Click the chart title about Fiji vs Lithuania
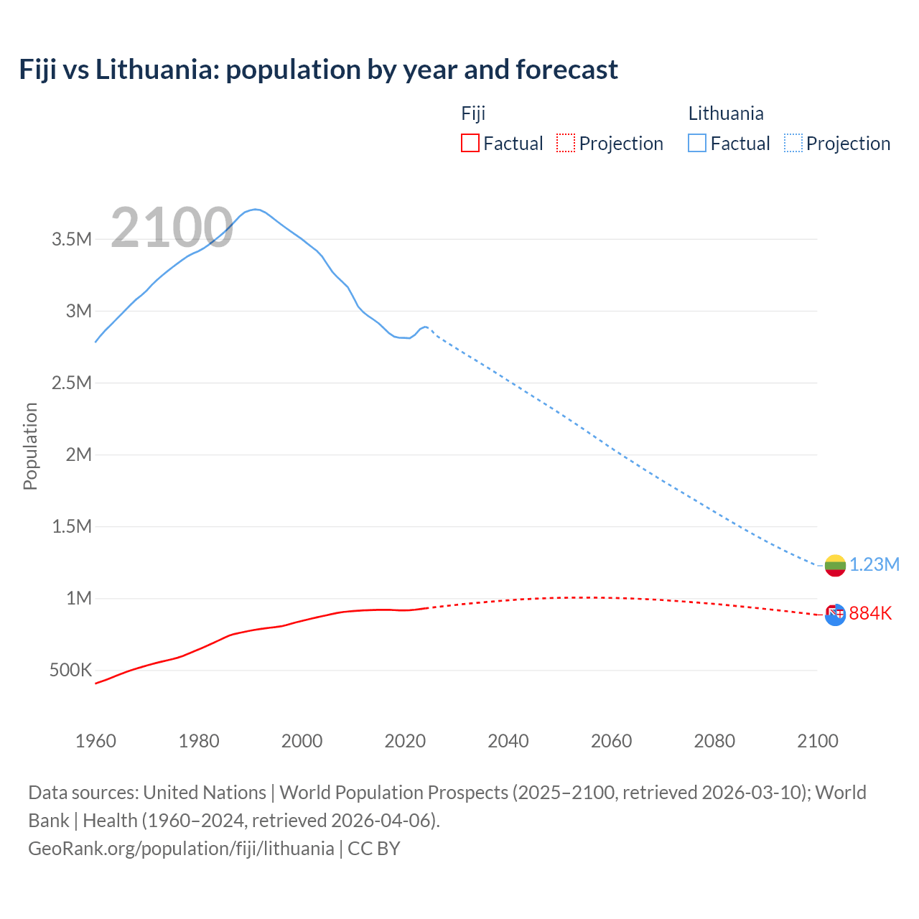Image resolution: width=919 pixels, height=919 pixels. point(318,70)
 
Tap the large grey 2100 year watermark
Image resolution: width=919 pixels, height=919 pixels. point(172,228)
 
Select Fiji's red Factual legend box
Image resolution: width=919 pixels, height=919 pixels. point(470,143)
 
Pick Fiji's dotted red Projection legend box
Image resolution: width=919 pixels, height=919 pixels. point(566,143)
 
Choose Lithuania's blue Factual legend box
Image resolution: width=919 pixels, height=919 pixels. point(697,143)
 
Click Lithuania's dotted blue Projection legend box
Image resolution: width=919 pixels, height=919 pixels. point(793,143)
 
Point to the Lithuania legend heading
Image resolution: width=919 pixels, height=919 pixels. point(725,113)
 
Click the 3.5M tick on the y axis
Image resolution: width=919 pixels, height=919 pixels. point(72,239)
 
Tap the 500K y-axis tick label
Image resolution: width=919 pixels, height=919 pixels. point(70,671)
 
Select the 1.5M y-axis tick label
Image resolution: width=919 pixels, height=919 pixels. point(72,527)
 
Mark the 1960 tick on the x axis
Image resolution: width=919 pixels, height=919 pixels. point(95,741)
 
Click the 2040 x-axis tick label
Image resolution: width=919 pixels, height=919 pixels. point(508,741)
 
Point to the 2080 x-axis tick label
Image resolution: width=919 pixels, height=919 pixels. point(714,741)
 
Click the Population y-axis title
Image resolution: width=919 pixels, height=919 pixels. point(30,446)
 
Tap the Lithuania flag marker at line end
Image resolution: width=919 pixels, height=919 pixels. point(835,565)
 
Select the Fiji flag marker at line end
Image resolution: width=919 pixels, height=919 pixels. point(835,615)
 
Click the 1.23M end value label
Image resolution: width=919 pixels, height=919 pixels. point(874,565)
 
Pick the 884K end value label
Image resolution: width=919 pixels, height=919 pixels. point(870,614)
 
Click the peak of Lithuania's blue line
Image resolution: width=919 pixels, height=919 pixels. point(256,209)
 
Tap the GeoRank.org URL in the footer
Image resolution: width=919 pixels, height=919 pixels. point(181,849)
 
